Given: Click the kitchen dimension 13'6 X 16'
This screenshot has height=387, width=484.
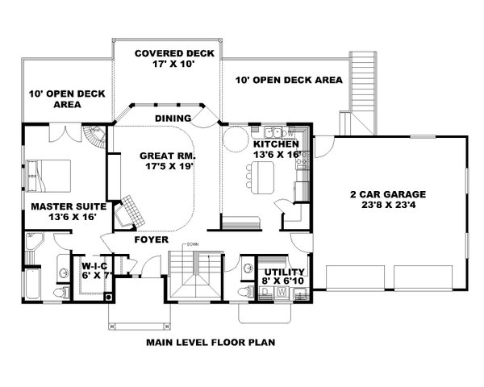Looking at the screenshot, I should [278, 154].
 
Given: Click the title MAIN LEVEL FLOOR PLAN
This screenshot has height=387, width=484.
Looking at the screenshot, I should [211, 342].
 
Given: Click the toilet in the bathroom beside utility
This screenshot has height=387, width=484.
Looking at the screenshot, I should [247, 291].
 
